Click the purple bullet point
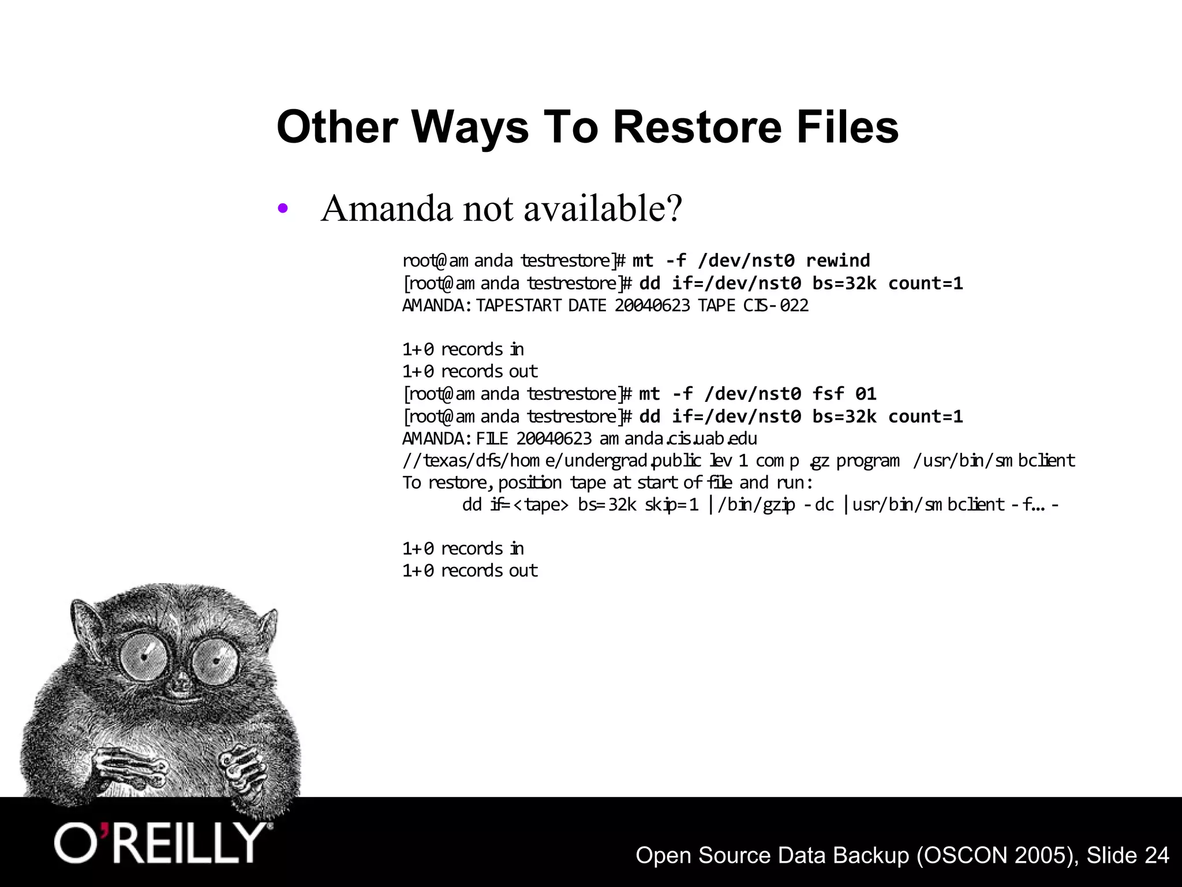[282, 209]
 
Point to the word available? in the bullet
[603, 208]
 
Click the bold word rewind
[838, 260]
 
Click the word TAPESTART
[519, 305]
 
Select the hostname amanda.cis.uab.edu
[678, 439]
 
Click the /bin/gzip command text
[756, 505]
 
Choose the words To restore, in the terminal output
[447, 482]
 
